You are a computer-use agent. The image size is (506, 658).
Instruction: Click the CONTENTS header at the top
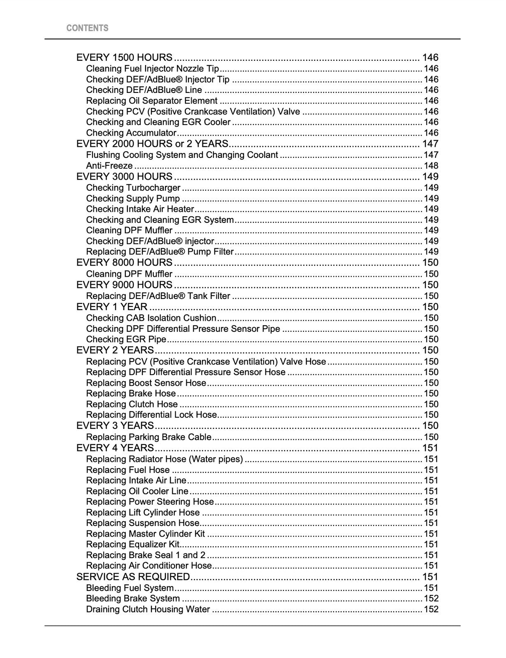[87, 28]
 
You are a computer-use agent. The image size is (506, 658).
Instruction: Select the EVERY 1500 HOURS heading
[124, 58]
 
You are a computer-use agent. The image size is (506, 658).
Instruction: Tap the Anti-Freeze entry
[109, 166]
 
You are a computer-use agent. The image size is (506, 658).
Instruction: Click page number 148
[431, 166]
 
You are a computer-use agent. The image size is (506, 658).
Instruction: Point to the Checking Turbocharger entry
[133, 188]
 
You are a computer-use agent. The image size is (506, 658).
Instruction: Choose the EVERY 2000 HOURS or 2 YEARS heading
[152, 144]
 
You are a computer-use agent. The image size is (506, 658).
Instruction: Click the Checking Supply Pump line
[133, 199]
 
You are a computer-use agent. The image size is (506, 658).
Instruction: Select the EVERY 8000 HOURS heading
[124, 262]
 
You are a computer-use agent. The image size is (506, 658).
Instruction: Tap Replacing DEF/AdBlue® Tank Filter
[158, 296]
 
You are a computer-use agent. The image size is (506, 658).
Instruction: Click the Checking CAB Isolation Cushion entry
[151, 318]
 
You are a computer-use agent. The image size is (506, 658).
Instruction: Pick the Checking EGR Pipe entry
[126, 339]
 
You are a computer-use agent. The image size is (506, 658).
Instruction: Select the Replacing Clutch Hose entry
[132, 404]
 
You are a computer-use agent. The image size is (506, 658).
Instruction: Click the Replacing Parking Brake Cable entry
[149, 437]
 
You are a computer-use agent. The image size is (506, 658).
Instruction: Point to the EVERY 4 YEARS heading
[115, 448]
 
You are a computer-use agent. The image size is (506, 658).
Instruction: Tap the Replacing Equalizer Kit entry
[133, 544]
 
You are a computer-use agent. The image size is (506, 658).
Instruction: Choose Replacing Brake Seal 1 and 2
[146, 555]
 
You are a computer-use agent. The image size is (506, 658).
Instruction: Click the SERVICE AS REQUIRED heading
[133, 577]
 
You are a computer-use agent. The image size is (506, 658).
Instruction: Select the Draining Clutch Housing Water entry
[148, 609]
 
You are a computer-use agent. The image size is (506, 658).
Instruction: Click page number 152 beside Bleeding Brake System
[431, 599]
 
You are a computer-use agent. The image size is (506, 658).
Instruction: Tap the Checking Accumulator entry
[131, 133]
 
